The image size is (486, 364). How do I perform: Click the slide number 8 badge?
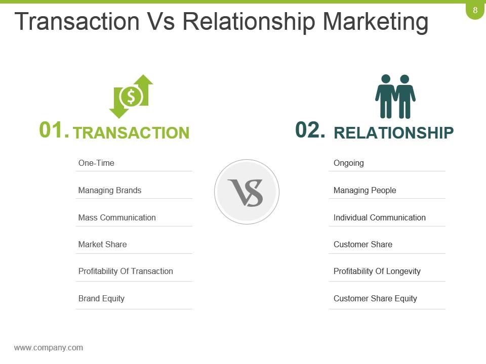tap(475, 10)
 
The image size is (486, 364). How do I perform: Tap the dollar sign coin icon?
tap(131, 96)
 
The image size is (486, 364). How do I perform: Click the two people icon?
tap(395, 96)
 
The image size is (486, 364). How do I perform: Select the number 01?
tap(54, 130)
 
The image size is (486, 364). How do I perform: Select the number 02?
tap(310, 130)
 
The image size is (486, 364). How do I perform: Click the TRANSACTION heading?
tap(131, 132)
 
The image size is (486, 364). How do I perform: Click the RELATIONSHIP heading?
tap(394, 132)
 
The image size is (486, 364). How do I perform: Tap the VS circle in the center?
tap(247, 192)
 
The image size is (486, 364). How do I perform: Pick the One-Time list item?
tap(96, 163)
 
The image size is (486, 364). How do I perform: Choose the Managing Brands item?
tap(110, 190)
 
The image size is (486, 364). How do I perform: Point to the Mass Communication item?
tap(117, 217)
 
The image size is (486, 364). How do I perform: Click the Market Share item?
tap(102, 244)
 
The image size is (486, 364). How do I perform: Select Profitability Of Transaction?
tap(126, 271)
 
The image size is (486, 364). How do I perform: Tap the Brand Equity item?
tap(101, 298)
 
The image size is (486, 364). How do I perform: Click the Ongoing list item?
tap(349, 163)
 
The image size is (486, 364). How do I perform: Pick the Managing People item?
tap(364, 190)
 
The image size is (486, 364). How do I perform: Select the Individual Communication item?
tap(380, 217)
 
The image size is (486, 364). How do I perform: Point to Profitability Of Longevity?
tap(377, 271)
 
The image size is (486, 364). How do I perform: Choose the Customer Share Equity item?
tap(375, 298)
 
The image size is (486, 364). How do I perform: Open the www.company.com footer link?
tap(49, 347)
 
